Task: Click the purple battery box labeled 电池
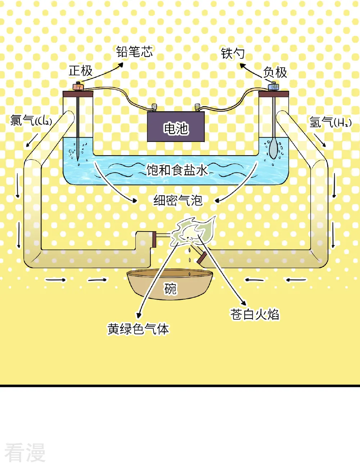[176, 127]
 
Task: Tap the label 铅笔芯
[134, 52]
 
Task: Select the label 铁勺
[233, 53]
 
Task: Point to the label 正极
[81, 71]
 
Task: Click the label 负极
[275, 72]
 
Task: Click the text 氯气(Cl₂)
[31, 120]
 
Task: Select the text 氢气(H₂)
[330, 122]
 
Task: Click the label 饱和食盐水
[177, 170]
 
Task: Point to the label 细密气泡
[178, 200]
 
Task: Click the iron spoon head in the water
[273, 149]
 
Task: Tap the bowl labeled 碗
[170, 285]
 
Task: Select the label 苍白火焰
[255, 314]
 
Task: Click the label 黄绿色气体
[138, 329]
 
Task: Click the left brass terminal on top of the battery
[154, 107]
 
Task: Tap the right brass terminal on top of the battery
[197, 107]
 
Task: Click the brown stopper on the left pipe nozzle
[154, 239]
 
